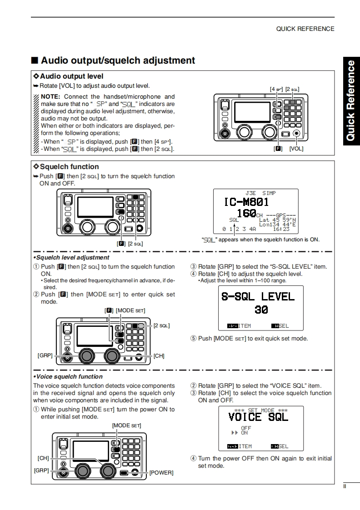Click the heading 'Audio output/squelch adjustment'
click(118, 60)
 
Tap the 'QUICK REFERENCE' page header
click(305, 29)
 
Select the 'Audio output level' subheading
click(71, 76)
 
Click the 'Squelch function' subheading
click(69, 167)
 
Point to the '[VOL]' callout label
click(296, 149)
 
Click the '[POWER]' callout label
click(161, 473)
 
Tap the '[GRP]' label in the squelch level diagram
click(45, 355)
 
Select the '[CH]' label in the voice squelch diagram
click(43, 458)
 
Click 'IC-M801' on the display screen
click(246, 202)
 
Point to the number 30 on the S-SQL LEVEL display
click(261, 310)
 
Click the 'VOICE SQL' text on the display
click(258, 417)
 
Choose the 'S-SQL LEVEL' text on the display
click(258, 297)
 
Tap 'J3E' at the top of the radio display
click(250, 193)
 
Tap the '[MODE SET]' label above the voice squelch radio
click(126, 425)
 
